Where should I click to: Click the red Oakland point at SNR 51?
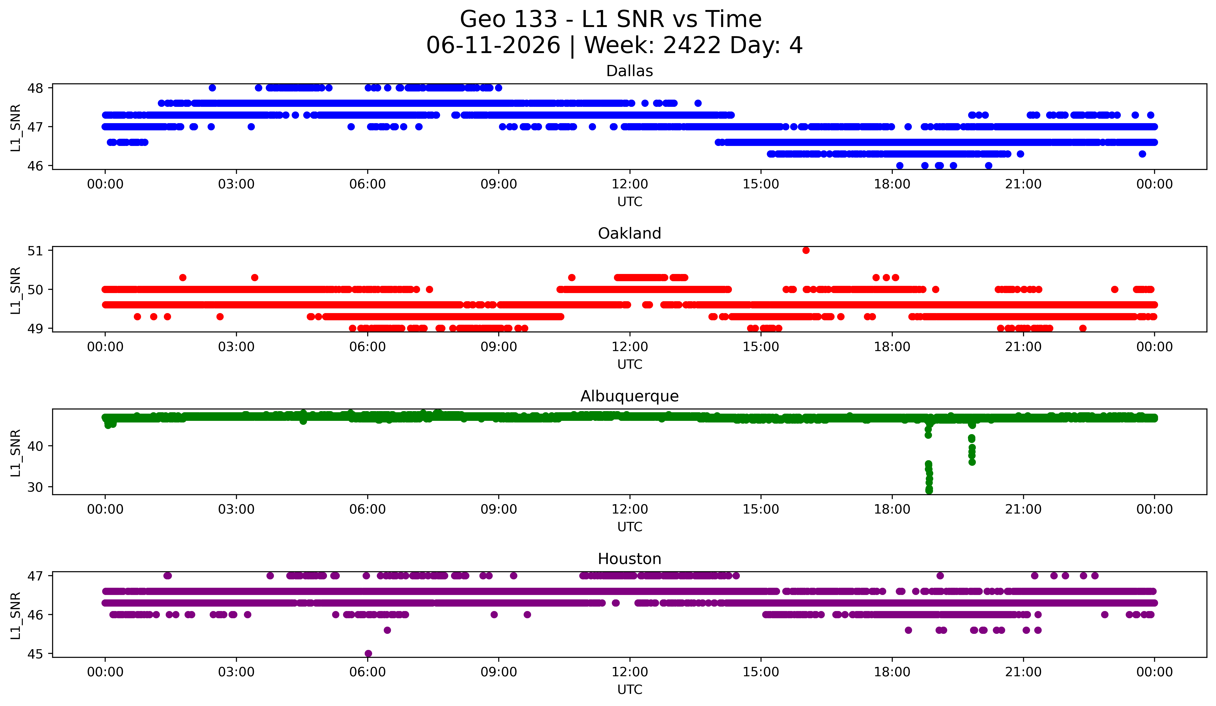[x=806, y=250]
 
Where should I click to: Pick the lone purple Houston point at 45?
[x=368, y=653]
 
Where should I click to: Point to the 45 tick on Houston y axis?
[x=35, y=654]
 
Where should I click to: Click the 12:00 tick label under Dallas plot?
[x=630, y=184]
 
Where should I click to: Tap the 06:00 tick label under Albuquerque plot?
[x=368, y=510]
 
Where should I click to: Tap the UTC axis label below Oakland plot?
[x=630, y=364]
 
